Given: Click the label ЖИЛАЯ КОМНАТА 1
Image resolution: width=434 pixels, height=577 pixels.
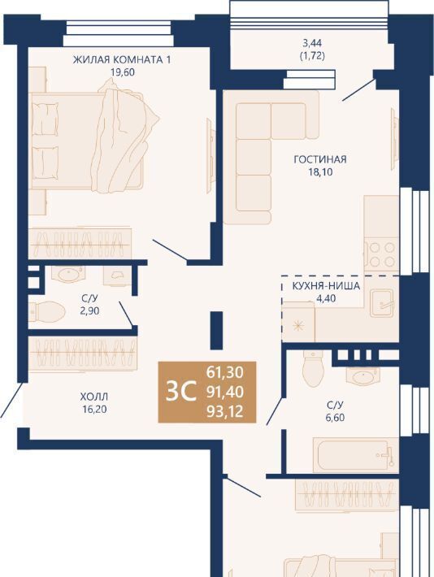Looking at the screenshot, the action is [121, 59].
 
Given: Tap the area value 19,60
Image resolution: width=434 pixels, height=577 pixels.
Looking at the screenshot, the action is [123, 72].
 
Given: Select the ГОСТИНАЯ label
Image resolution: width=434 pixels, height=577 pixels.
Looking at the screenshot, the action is [320, 159].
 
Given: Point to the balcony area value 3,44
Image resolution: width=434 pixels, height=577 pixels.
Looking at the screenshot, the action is [312, 43].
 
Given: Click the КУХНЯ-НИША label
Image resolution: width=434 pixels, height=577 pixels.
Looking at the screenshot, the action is [326, 286].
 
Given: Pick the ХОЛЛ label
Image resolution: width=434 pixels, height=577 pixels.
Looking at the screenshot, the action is [94, 397].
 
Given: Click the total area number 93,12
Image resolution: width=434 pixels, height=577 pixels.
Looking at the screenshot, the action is [225, 411].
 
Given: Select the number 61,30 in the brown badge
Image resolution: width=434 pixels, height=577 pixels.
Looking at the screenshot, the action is [225, 372].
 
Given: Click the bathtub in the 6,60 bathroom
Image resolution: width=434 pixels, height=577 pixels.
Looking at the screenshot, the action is [356, 455].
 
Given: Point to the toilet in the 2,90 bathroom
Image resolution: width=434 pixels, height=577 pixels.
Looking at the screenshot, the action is [47, 310].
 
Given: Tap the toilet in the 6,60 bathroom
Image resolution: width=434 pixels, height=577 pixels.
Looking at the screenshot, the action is [313, 369].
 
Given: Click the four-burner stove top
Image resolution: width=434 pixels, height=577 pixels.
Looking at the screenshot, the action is [382, 254].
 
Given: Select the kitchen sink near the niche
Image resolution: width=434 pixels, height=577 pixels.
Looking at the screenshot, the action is [381, 302].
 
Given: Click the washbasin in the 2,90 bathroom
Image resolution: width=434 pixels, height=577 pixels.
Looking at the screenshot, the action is [68, 274].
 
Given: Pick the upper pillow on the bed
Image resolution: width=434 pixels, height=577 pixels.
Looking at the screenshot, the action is [45, 119].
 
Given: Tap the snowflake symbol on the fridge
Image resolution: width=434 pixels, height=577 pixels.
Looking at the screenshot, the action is [297, 326].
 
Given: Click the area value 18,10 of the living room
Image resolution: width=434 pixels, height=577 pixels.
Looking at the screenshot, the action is [320, 171].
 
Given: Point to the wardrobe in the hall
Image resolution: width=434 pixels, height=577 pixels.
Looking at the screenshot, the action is [83, 354].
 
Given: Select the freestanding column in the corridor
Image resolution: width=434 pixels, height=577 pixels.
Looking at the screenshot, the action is [217, 330].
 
